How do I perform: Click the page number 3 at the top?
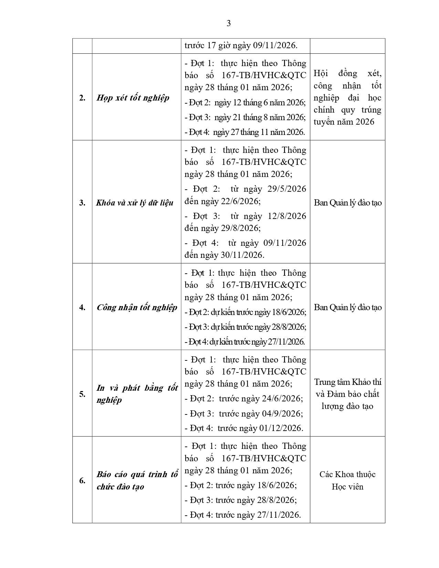click(x=229, y=23)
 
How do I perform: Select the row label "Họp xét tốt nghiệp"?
click(x=133, y=98)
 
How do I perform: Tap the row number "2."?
click(x=82, y=98)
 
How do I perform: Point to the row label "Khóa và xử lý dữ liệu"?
click(x=135, y=202)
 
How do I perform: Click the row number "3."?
click(x=82, y=202)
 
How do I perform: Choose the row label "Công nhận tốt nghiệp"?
click(x=137, y=307)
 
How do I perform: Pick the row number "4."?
click(x=82, y=307)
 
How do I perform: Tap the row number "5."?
click(x=82, y=394)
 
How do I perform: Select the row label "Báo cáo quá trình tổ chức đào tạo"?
click(x=137, y=480)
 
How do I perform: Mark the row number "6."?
click(x=82, y=480)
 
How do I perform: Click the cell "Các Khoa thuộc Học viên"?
click(x=347, y=480)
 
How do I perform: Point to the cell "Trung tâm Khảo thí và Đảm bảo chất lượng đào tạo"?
click(x=347, y=394)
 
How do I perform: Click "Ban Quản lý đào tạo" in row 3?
click(x=347, y=202)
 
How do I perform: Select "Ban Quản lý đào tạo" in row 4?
click(x=347, y=307)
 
